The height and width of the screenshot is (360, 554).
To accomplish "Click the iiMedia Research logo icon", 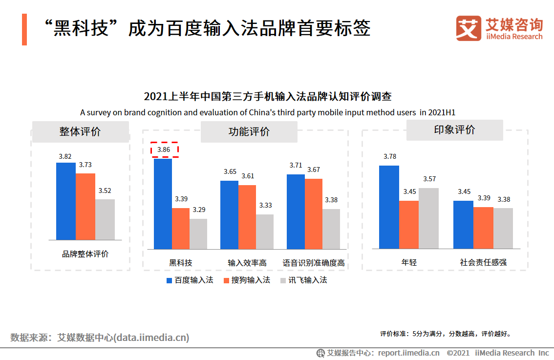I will (468, 28).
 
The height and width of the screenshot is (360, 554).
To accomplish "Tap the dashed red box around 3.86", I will (164, 149).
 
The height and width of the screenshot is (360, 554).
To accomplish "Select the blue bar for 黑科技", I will (163, 204).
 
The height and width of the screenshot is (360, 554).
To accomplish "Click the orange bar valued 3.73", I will (85, 207).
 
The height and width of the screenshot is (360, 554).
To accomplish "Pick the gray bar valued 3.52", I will (105, 219).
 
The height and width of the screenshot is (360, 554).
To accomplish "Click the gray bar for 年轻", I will (428, 218).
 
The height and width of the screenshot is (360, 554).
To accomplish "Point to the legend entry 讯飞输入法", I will (303, 280).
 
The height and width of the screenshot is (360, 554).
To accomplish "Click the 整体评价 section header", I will (80, 131).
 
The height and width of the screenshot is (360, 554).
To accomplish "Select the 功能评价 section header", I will (249, 131).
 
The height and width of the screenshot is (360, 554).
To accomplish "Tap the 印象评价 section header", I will (454, 130).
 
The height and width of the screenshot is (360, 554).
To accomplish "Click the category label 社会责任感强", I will (483, 262).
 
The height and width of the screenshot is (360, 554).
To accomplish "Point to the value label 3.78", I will (389, 157).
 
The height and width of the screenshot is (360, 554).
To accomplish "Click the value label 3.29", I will (199, 210).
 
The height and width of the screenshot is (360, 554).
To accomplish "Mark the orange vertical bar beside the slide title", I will (24, 29).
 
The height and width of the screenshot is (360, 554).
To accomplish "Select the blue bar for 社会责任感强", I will (463, 225).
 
